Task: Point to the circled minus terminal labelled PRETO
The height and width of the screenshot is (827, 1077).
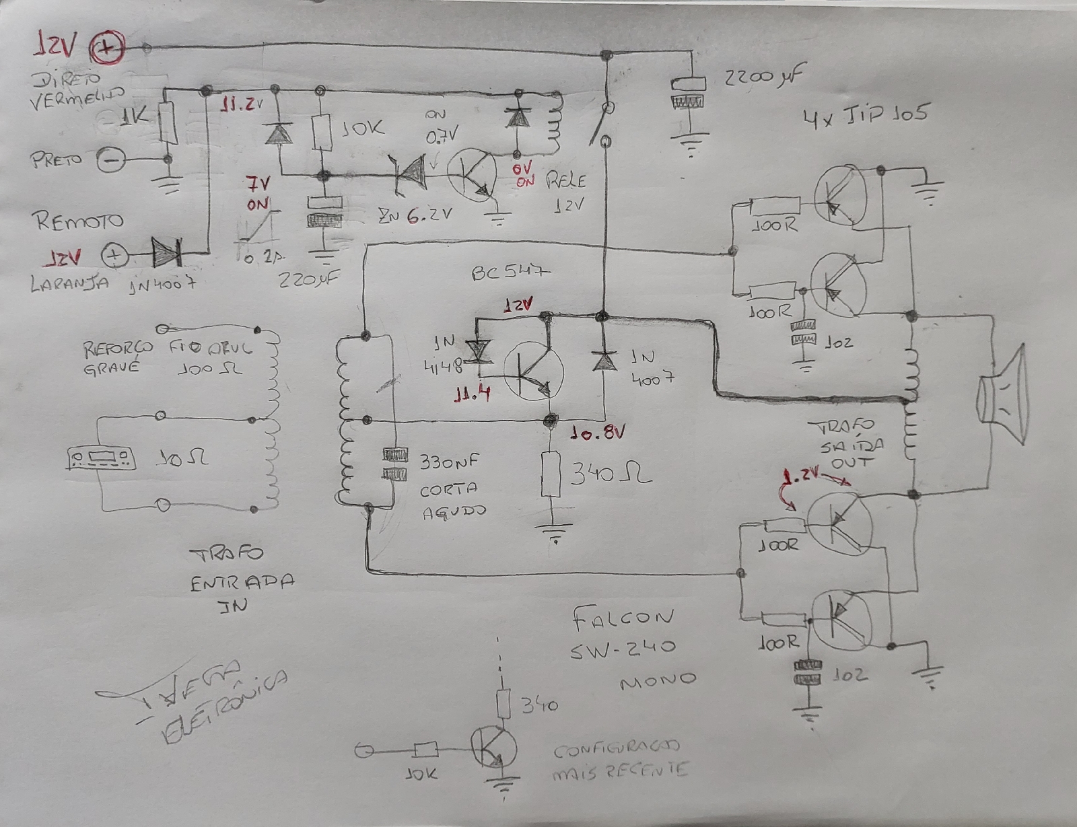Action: [111, 160]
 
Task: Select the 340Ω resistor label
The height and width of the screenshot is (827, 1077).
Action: [610, 476]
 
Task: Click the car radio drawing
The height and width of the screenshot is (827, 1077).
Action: [101, 459]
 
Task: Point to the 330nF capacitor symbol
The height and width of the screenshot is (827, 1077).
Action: [394, 464]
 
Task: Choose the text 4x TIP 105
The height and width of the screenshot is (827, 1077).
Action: [864, 116]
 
